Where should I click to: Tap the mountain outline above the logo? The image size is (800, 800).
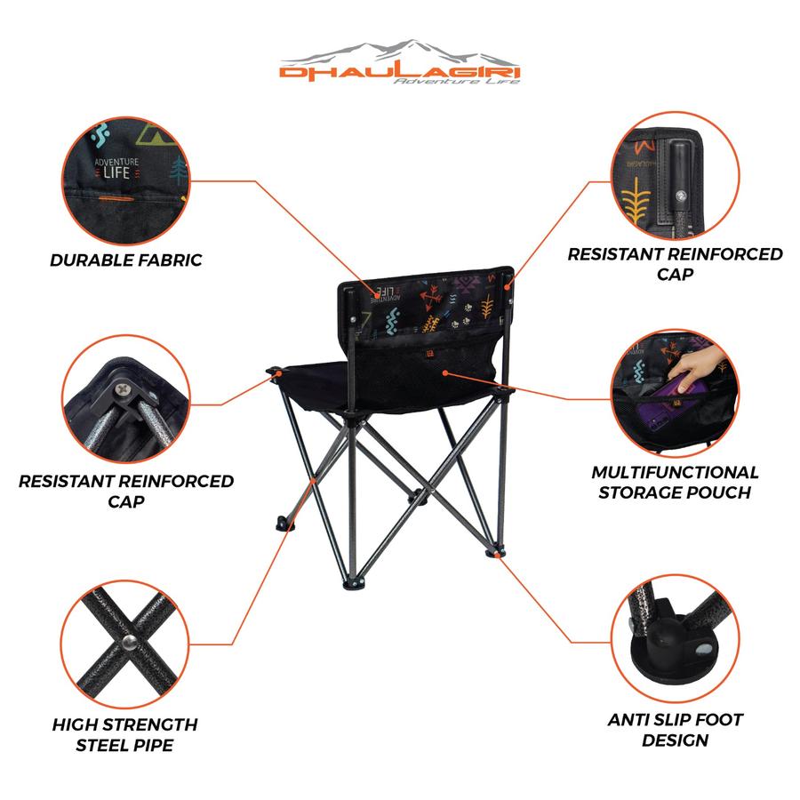[x=399, y=51]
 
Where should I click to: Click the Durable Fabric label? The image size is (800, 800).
[x=126, y=260]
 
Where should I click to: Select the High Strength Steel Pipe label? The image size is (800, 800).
[x=125, y=735]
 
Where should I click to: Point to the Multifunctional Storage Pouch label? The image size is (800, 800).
[x=675, y=482]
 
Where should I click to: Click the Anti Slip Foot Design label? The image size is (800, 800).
[x=675, y=730]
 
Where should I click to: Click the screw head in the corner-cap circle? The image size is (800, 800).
[x=124, y=390]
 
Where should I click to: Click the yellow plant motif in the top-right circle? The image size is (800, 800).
[x=636, y=199]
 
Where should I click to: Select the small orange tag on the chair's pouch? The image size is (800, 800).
[x=429, y=353]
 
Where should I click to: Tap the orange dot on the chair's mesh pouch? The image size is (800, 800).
[x=445, y=373]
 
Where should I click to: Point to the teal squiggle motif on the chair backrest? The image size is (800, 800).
[x=391, y=320]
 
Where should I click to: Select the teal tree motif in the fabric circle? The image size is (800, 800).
[x=178, y=170]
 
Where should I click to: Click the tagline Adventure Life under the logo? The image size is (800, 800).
[x=457, y=81]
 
